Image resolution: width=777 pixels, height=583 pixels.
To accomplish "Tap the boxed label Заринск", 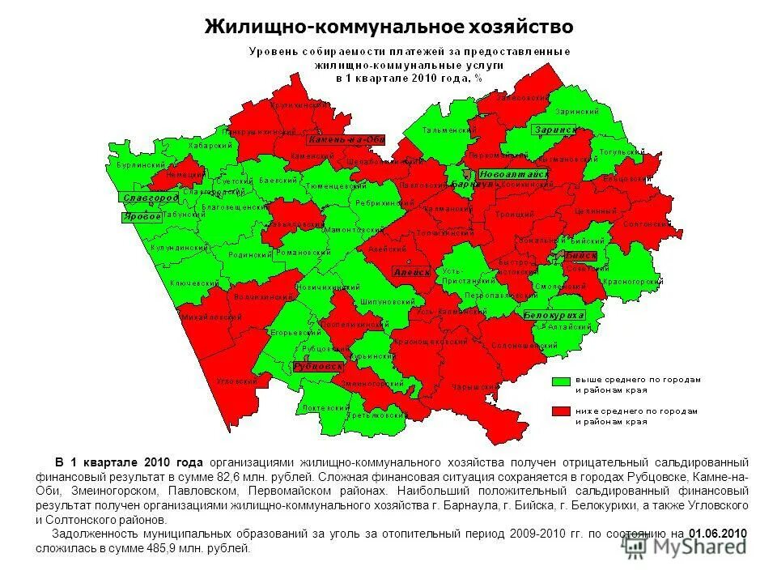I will click(555, 130).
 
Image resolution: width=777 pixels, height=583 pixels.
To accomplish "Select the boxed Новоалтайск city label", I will click(513, 174).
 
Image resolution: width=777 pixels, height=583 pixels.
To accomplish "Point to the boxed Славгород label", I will click(150, 198).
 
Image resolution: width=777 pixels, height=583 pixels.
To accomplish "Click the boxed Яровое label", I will click(142, 217).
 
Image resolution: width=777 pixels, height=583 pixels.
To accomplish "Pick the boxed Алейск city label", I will click(412, 272).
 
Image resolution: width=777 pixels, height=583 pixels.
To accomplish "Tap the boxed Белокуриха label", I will click(554, 314).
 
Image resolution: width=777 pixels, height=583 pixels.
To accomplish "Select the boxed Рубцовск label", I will click(318, 366).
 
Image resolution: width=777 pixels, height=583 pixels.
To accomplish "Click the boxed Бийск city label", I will click(582, 255).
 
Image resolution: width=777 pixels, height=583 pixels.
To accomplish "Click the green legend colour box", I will click(561, 381).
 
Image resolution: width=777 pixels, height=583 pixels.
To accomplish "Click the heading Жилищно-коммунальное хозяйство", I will click(388, 27).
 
